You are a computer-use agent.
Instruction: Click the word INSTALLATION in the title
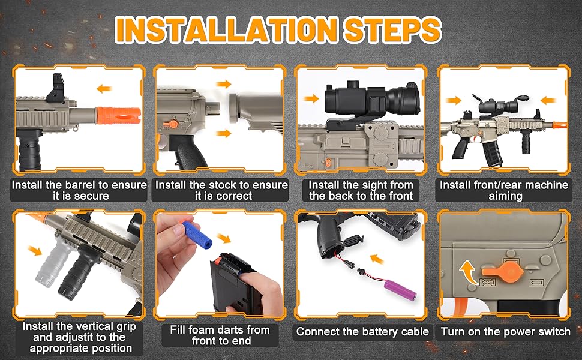click(226, 29)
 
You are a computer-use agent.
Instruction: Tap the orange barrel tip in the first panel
click(118, 115)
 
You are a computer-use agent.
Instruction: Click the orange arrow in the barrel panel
click(104, 88)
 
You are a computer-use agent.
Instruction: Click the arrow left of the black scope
click(311, 98)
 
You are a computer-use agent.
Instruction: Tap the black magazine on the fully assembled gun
click(492, 152)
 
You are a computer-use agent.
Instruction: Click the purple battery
click(400, 290)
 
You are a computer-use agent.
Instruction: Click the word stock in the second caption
click(223, 185)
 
